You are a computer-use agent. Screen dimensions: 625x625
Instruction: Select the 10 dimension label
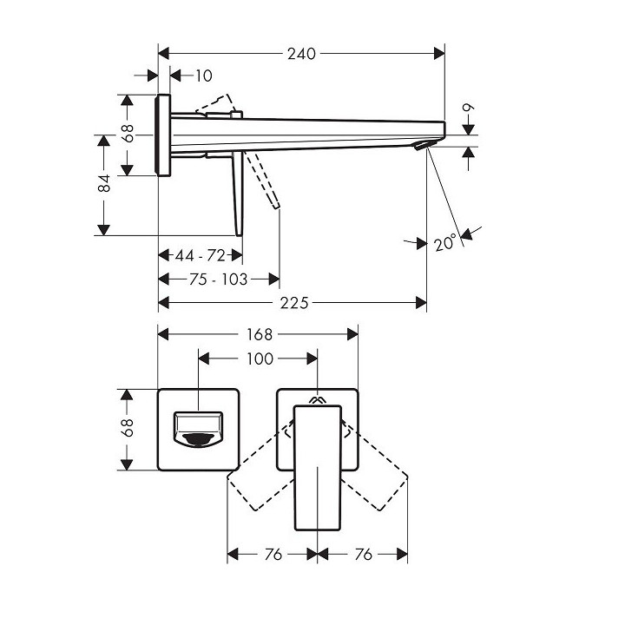pyautogui.click(x=202, y=76)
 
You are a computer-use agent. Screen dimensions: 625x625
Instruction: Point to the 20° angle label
pyautogui.click(x=445, y=244)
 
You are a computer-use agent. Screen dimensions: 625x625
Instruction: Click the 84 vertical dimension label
pyautogui.click(x=103, y=183)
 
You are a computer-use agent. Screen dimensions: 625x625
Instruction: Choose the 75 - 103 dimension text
pyautogui.click(x=218, y=279)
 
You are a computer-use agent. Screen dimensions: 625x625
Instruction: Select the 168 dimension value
pyautogui.click(x=258, y=334)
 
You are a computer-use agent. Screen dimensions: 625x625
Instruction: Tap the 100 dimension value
pyautogui.click(x=260, y=358)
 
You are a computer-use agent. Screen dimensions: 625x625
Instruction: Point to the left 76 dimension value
pyautogui.click(x=273, y=554)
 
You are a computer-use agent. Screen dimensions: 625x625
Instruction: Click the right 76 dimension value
pyautogui.click(x=364, y=554)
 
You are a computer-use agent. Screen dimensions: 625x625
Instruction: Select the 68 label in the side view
pyautogui.click(x=128, y=133)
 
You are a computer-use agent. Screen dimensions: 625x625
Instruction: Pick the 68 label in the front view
pyautogui.click(x=128, y=428)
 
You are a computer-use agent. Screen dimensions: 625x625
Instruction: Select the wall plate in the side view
pyautogui.click(x=163, y=134)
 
